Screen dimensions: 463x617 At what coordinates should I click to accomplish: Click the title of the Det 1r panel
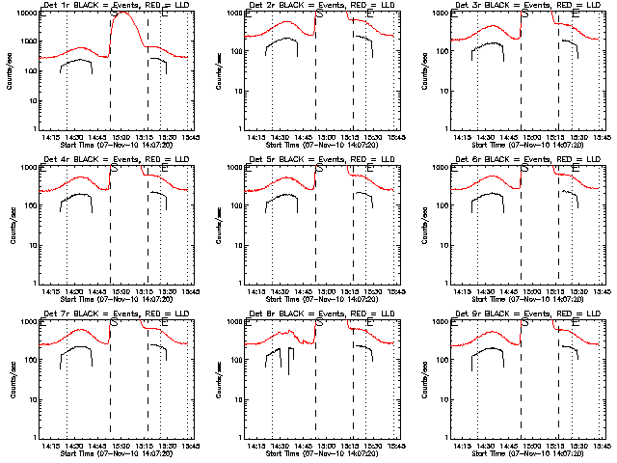[x=117, y=6]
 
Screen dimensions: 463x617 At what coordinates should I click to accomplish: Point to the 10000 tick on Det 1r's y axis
[x=25, y=15]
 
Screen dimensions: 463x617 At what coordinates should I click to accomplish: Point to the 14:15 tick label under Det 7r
[x=52, y=446]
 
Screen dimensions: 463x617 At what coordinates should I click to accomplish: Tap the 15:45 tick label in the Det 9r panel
[x=598, y=446]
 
